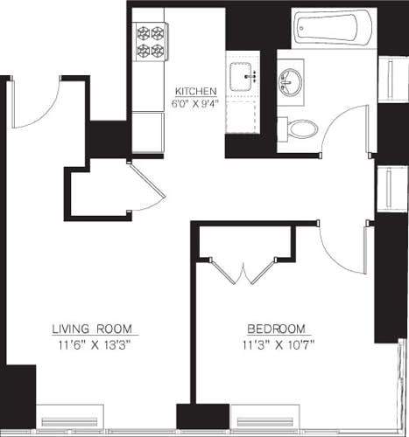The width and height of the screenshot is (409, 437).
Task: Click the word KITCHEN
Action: [195, 92]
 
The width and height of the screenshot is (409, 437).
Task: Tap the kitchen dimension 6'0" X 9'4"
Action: [195, 103]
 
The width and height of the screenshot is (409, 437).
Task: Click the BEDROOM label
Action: [276, 329]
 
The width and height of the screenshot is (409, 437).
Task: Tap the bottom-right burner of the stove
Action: [158, 51]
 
